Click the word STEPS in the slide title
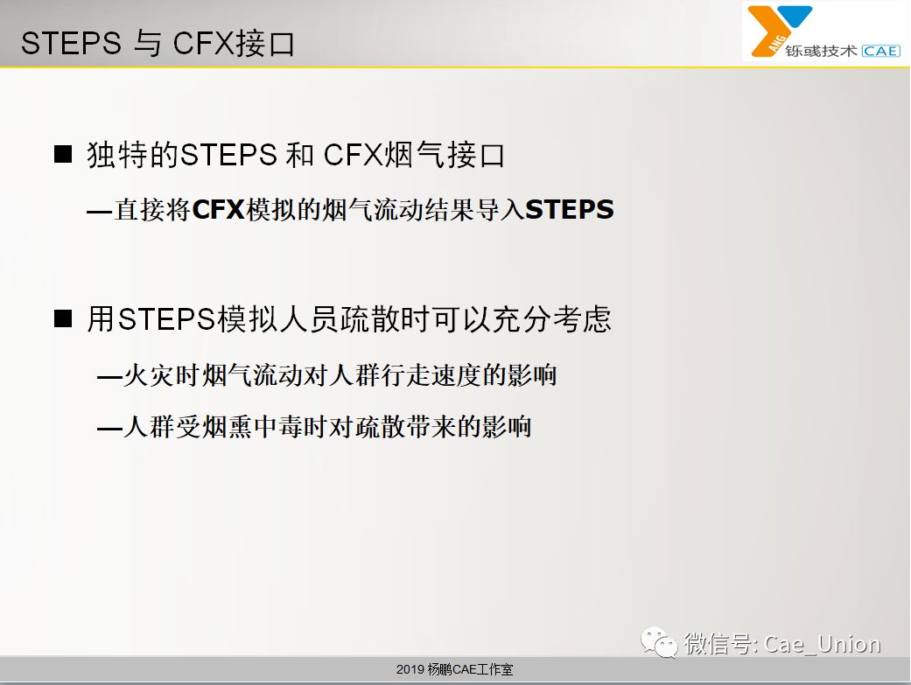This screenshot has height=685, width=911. click(x=71, y=44)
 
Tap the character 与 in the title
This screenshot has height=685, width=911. click(x=146, y=44)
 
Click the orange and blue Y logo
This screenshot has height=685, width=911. click(x=779, y=31)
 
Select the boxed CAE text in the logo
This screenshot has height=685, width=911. click(x=880, y=51)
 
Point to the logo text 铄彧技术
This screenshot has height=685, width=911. click(x=821, y=51)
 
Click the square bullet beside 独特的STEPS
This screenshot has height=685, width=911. click(x=63, y=155)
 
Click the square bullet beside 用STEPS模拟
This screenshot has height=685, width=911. click(x=63, y=318)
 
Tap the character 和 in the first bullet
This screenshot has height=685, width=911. click(x=300, y=155)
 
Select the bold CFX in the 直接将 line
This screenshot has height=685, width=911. click(x=218, y=210)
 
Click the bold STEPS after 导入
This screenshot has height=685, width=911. click(x=570, y=210)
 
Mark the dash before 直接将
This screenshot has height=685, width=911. click(x=100, y=212)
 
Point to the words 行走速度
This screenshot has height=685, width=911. click(x=431, y=375)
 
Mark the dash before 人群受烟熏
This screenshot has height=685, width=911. click(x=109, y=430)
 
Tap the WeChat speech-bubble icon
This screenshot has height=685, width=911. click(x=659, y=642)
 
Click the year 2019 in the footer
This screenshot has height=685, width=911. click(x=410, y=669)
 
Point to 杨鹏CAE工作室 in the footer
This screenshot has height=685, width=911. click(x=471, y=669)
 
